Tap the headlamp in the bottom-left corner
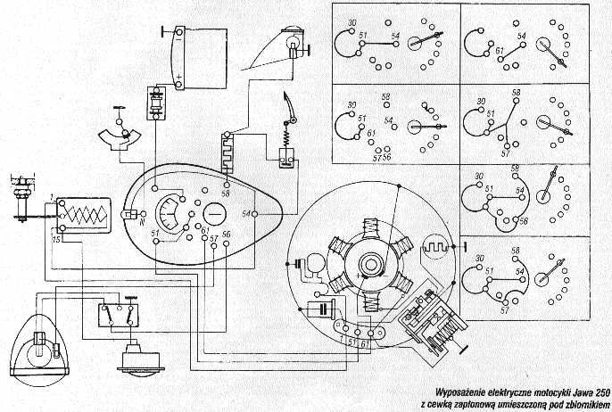pyautogui.click(x=39, y=347)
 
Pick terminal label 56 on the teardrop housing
pyautogui.click(x=227, y=234)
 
